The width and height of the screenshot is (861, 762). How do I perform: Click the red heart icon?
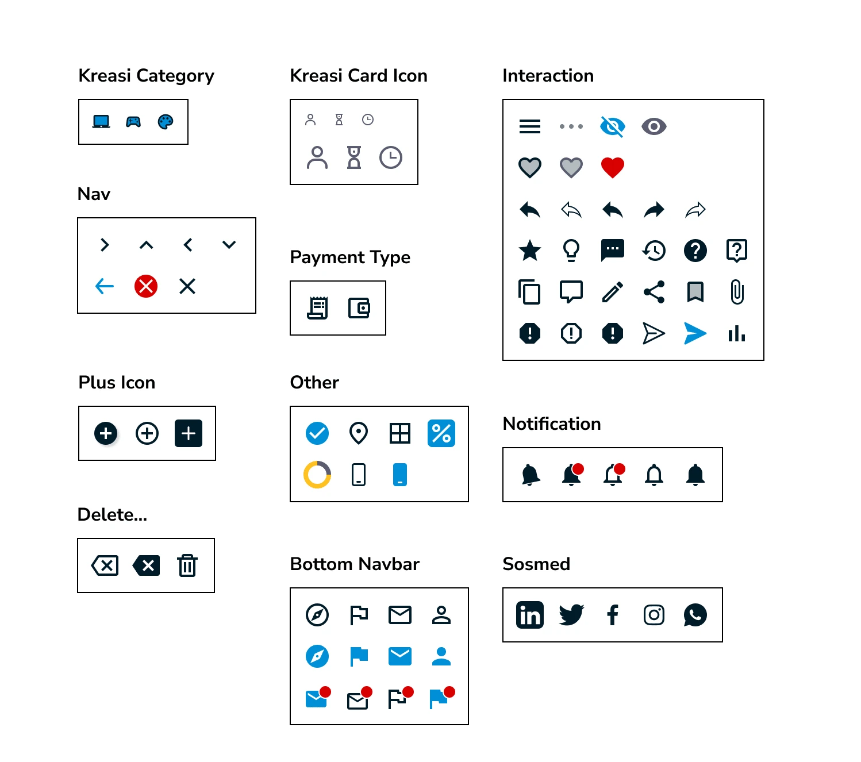click(612, 167)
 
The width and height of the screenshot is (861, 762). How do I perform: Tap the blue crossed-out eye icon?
click(612, 126)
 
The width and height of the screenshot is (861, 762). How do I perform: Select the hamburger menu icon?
click(529, 126)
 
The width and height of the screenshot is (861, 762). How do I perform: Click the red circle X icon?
click(146, 286)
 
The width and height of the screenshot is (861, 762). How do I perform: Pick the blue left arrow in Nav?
click(104, 286)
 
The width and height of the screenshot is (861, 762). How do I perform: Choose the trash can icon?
click(187, 565)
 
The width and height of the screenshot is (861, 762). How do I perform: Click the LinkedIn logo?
click(529, 614)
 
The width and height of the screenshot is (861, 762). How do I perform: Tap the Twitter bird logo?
click(571, 614)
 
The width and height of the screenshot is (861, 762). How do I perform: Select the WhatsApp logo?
click(695, 614)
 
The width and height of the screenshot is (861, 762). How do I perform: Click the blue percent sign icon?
click(441, 433)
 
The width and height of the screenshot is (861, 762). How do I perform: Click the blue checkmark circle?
click(317, 433)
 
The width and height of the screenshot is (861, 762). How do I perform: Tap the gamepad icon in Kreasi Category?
click(133, 122)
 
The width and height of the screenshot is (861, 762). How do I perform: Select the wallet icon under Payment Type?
click(359, 307)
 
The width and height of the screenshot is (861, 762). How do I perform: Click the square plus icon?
click(189, 433)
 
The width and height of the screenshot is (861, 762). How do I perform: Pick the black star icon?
click(529, 250)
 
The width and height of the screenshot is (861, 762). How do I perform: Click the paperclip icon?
click(737, 291)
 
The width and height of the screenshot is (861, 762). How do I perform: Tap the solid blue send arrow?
click(695, 333)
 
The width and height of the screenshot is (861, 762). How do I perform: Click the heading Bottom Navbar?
click(355, 564)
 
